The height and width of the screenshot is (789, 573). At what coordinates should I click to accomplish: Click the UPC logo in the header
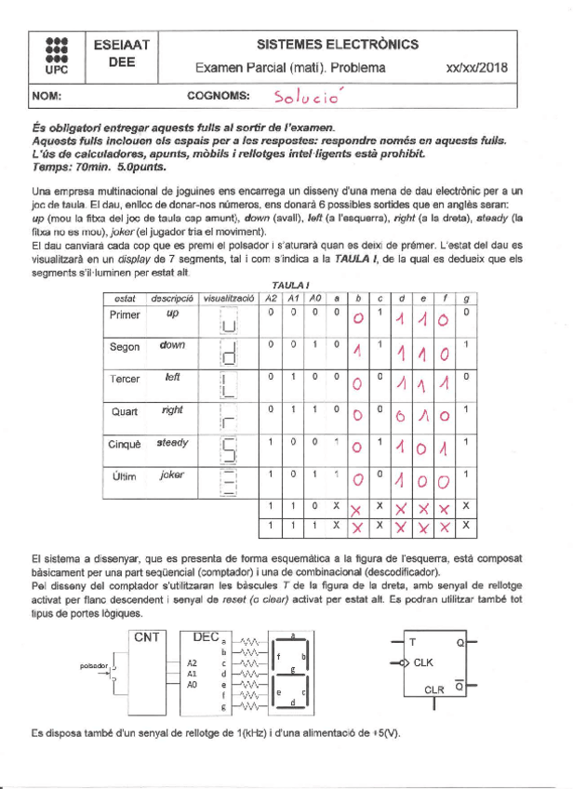click(x=56, y=54)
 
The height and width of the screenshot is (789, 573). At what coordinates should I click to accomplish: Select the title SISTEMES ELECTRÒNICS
click(x=337, y=44)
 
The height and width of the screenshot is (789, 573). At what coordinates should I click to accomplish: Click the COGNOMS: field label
click(x=218, y=96)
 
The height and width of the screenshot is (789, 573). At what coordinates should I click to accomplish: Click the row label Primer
click(x=125, y=314)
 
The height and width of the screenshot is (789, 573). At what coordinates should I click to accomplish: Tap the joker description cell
click(x=172, y=475)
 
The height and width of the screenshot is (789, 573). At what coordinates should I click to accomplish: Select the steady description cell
click(x=172, y=442)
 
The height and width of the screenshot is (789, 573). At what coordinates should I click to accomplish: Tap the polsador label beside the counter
click(x=96, y=666)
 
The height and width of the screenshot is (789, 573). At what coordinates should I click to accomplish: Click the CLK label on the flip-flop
click(x=423, y=662)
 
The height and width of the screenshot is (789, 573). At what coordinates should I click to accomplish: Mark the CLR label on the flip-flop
click(x=434, y=690)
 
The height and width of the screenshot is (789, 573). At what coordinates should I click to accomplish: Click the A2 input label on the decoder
click(x=193, y=662)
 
